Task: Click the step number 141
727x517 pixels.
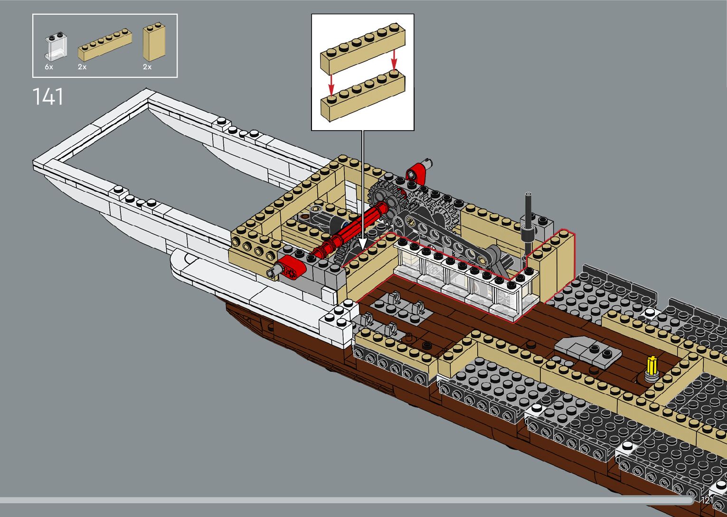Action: [x=47, y=97]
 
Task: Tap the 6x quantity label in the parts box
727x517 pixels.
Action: [x=49, y=67]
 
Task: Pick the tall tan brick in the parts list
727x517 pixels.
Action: [x=154, y=42]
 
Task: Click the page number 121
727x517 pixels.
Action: [x=707, y=500]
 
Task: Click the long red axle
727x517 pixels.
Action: [x=351, y=230]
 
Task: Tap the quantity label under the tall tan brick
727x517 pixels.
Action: [x=147, y=67]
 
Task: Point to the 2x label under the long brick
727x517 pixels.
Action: [x=82, y=67]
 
